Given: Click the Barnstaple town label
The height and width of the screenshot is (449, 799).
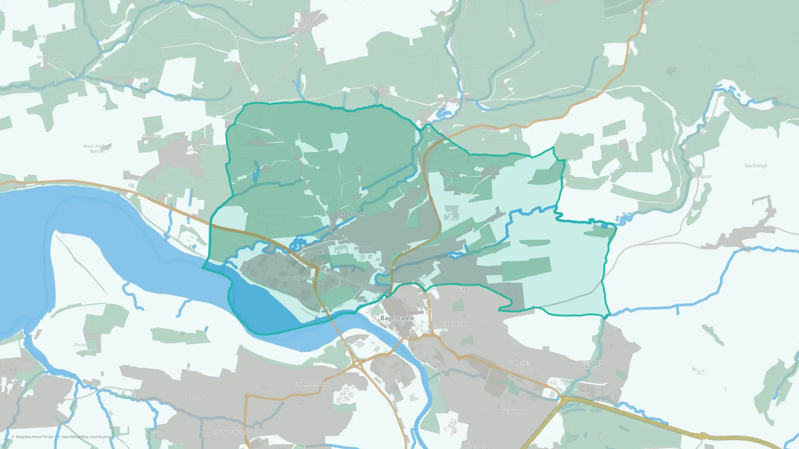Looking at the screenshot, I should [x=397, y=318].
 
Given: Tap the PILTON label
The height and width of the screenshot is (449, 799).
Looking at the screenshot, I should [x=363, y=249].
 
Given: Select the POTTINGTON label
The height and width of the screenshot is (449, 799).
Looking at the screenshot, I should [x=299, y=279].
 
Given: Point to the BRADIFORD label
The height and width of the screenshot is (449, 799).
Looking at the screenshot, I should [x=352, y=214].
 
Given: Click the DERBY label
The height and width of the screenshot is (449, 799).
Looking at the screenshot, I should [x=463, y=290].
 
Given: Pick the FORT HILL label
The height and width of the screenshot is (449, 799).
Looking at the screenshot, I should [x=455, y=324].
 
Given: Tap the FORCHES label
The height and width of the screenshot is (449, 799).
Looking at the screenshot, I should [x=519, y=363].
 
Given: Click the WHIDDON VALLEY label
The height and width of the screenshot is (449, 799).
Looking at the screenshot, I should [x=590, y=365].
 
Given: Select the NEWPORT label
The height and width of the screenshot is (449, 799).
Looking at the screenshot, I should [x=514, y=411].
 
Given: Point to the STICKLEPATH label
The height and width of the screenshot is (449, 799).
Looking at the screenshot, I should [x=310, y=385].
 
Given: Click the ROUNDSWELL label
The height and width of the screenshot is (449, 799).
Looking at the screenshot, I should [x=229, y=432].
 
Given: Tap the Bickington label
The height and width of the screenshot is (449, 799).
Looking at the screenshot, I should [x=197, y=397].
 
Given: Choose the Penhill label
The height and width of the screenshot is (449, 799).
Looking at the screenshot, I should [x=81, y=345].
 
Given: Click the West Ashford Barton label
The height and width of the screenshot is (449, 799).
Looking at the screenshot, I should [x=97, y=149].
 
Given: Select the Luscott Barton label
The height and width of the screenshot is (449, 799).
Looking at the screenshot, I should [x=41, y=36].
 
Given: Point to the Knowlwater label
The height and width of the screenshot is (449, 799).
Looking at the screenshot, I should [x=49, y=57].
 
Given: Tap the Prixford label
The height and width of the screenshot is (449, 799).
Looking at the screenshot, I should [x=304, y=21].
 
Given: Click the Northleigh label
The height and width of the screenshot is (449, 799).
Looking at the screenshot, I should [x=755, y=166].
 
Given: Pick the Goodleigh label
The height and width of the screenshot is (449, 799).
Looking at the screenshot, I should [x=748, y=231].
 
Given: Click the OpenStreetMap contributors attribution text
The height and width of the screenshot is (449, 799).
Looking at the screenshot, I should [x=85, y=437].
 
